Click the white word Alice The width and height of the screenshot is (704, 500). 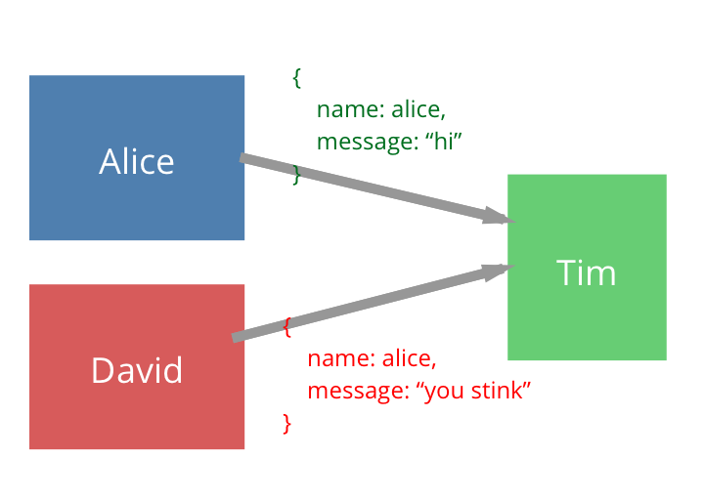click(x=137, y=161)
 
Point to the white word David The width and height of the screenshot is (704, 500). click(x=137, y=370)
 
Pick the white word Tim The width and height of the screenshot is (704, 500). click(x=587, y=272)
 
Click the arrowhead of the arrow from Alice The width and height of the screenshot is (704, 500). click(x=499, y=216)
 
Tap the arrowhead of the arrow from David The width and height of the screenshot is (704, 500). click(x=498, y=271)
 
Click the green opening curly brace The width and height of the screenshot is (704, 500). click(x=297, y=78)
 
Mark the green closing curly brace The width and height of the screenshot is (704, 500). click(x=296, y=175)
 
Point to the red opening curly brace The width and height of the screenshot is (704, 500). click(x=287, y=327)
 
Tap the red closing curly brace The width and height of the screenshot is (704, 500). click(x=287, y=424)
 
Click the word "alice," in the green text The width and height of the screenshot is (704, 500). click(x=418, y=110)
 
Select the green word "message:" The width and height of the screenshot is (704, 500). click(x=368, y=143)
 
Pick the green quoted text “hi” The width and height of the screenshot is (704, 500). click(x=443, y=142)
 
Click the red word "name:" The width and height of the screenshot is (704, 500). click(x=341, y=358)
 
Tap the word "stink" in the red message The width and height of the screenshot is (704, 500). click(x=497, y=390)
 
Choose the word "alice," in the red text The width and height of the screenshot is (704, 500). click(x=410, y=358)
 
